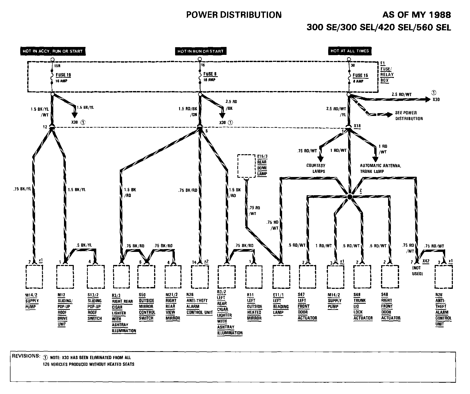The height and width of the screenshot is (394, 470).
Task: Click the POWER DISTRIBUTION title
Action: [x=234, y=15]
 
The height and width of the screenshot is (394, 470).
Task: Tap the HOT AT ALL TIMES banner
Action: [x=349, y=51]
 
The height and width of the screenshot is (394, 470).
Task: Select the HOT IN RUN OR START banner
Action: [x=200, y=51]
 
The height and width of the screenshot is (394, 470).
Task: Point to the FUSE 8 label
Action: [x=210, y=74]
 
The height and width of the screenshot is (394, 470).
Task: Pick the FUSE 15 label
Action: [x=360, y=75]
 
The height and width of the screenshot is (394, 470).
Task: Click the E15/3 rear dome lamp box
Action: [x=247, y=166]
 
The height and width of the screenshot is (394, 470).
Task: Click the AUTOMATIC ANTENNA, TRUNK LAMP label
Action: [x=380, y=168]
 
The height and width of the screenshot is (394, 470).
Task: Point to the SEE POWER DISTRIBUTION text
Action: [x=409, y=116]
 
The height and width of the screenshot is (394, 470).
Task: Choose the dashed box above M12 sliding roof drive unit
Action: [x=65, y=277]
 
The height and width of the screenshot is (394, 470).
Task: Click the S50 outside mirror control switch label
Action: [x=147, y=307]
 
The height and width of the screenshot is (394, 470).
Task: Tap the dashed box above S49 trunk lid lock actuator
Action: [x=362, y=277]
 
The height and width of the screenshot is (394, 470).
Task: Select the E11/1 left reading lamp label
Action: [x=281, y=304]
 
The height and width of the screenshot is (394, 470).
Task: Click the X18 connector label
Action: [x=357, y=126]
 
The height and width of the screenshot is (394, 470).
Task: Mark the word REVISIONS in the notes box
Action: [x=26, y=356]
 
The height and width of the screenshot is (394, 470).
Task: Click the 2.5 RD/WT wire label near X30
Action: [x=402, y=94]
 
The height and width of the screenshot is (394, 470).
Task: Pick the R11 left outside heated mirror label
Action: [x=254, y=307]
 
